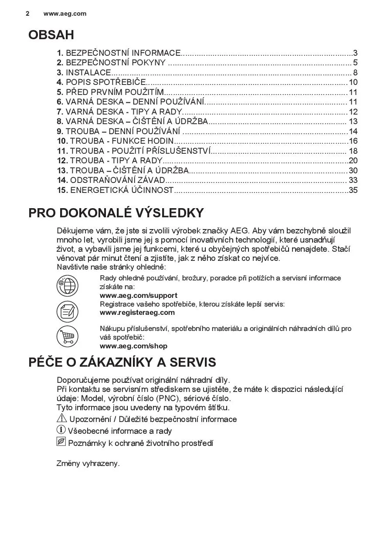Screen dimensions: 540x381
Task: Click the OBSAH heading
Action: tap(51, 35)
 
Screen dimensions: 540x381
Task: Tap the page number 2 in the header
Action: tap(27, 13)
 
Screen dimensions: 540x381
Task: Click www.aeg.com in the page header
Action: tap(65, 13)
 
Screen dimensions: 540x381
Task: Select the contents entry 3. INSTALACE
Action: tap(84, 73)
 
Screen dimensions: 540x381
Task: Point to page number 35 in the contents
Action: tap(353, 190)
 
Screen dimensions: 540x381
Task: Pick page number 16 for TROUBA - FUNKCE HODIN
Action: tap(353, 141)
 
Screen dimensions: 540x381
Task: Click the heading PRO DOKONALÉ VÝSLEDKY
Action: tap(116, 213)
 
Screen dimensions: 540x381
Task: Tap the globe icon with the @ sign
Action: tap(67, 286)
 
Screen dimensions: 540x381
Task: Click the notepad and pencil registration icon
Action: tap(67, 311)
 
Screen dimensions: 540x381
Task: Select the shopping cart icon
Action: tap(67, 337)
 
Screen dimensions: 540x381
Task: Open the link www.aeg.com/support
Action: tap(139, 295)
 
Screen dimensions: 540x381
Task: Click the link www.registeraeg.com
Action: tap(137, 312)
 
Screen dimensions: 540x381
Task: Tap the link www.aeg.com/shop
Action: tap(133, 346)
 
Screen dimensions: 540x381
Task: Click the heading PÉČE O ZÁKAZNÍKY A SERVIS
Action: tap(122, 362)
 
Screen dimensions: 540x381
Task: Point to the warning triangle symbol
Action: tap(61, 418)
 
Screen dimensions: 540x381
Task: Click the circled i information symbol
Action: tap(61, 430)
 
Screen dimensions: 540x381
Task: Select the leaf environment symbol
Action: tap(61, 442)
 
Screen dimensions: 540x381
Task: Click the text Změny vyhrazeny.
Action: tap(88, 463)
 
